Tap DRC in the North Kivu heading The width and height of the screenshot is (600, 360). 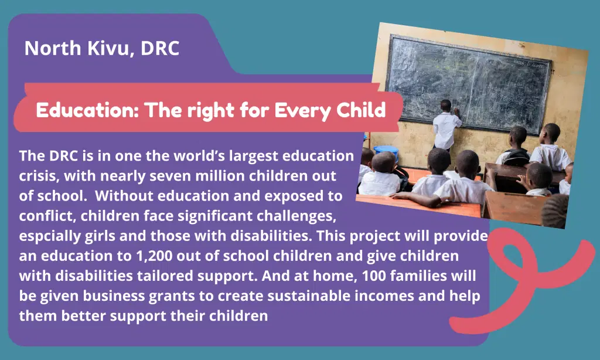coord(160,48)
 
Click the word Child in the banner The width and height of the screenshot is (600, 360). coord(361,110)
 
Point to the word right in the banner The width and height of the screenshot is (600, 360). coord(210,111)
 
